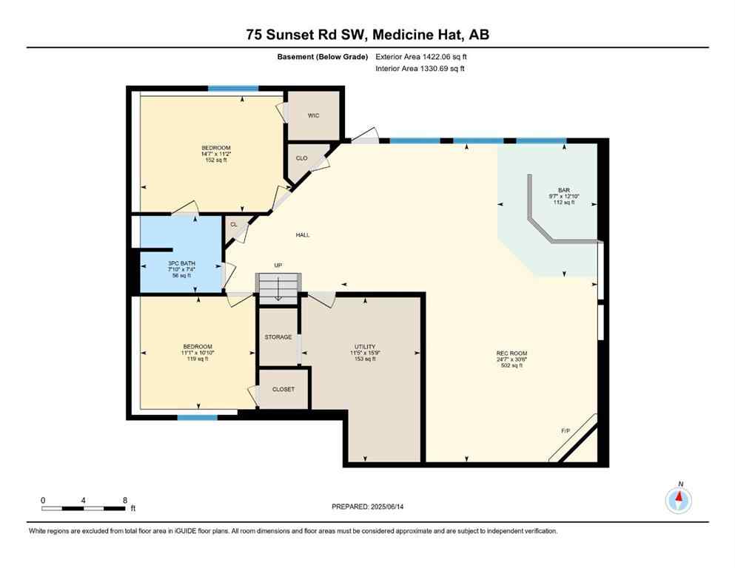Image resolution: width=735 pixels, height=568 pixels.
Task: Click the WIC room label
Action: tap(313, 115)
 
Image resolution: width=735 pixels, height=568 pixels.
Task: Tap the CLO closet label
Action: tap(301, 158)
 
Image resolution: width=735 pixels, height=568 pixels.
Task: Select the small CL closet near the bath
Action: tap(234, 224)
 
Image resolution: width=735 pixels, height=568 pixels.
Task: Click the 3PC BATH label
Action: tap(179, 263)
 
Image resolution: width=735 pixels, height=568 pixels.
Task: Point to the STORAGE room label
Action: tap(278, 337)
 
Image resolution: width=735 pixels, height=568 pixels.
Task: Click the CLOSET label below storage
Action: tap(283, 389)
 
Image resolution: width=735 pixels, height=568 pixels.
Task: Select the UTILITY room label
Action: tap(365, 346)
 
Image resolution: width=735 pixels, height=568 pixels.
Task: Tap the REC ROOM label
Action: tap(511, 354)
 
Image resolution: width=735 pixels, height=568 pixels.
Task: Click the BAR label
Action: tap(564, 189)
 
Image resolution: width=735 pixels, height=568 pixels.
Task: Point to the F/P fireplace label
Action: tap(566, 430)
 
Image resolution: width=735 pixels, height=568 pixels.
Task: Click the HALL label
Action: tap(303, 235)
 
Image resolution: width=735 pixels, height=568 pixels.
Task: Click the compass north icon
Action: tap(679, 500)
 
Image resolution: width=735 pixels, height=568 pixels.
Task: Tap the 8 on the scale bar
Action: tap(124, 500)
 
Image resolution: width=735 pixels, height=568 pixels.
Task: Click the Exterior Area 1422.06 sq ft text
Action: tap(421, 56)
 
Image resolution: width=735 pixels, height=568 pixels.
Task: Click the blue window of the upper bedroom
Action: tap(232, 89)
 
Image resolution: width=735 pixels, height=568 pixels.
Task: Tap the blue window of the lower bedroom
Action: tap(197, 418)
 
